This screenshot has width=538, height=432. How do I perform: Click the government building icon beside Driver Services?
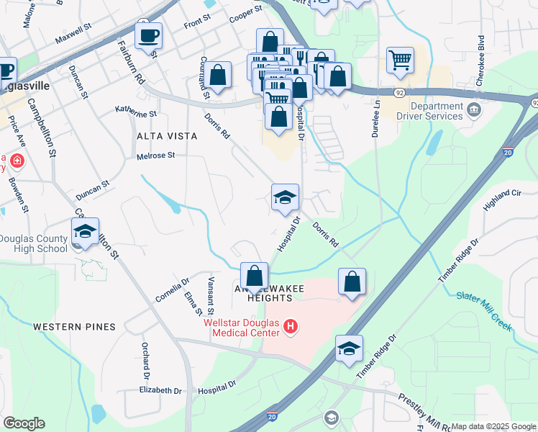474,109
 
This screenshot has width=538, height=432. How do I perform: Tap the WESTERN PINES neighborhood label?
74,327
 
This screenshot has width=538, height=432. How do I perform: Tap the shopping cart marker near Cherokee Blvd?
401,60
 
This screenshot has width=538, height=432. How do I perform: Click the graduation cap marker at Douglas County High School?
85,231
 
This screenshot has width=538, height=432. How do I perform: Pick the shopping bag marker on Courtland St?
218,74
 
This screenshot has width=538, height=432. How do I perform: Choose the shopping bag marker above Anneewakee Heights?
254,275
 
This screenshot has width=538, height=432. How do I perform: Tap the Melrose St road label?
156,156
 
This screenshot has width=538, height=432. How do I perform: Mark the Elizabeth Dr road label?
161,390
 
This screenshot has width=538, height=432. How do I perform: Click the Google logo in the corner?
24,423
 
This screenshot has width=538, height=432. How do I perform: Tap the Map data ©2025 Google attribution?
493,426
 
